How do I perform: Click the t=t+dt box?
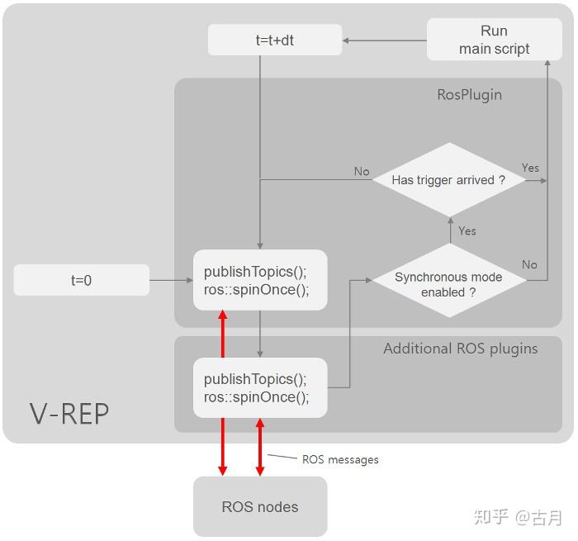[274, 40]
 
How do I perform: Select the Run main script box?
[494, 40]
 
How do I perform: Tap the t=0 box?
[81, 280]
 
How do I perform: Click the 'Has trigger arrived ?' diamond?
[448, 180]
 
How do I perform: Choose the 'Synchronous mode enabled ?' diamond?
[448, 284]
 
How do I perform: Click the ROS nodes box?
[260, 506]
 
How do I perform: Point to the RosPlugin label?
[469, 94]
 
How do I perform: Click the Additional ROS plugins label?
[460, 349]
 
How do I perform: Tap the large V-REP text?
[69, 413]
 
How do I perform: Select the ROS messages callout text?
[340, 459]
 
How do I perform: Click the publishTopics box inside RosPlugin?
[260, 280]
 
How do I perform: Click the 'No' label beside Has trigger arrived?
[362, 171]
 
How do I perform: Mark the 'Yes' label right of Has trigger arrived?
[530, 168]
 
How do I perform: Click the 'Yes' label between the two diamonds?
[467, 231]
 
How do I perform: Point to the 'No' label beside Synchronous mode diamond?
[529, 264]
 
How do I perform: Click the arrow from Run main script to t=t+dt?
[384, 40]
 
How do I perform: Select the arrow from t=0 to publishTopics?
[171, 281]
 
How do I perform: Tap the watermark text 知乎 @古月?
[518, 518]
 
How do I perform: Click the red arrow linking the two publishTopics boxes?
[223, 334]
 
